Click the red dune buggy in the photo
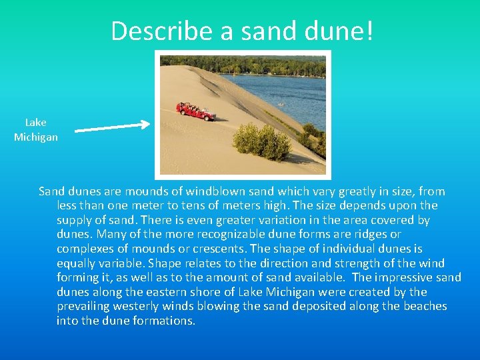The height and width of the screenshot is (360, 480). [195, 111]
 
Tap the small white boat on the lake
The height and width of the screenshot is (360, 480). [280, 104]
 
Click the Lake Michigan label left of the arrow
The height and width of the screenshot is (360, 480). [36, 129]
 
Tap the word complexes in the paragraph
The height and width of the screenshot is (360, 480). [84, 249]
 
